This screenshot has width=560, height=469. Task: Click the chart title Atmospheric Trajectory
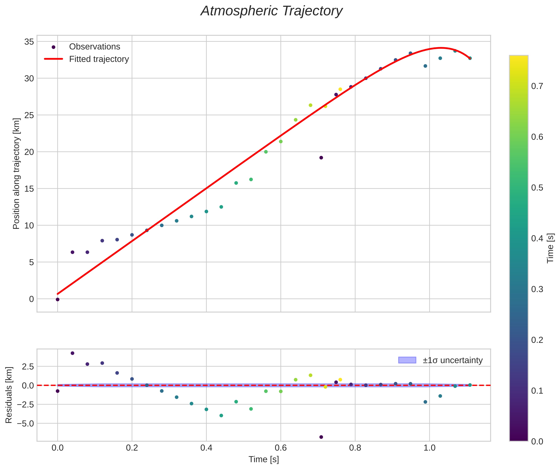click(272, 11)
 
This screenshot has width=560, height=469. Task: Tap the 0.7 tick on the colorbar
click(537, 86)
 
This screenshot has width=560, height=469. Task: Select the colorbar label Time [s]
click(550, 248)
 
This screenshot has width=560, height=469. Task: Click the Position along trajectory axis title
click(16, 174)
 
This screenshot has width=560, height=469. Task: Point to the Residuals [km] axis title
click(9, 395)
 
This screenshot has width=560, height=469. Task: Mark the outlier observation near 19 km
click(321, 158)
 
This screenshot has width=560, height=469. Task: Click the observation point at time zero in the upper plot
click(58, 299)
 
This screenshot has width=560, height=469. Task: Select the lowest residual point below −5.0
click(321, 437)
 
